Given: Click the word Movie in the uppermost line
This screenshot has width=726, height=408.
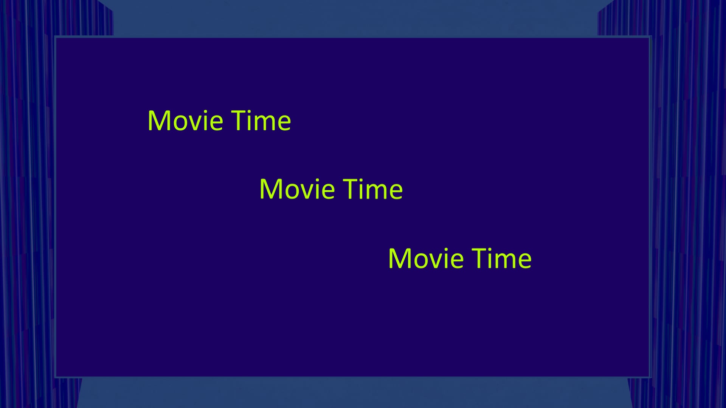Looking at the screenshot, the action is click(185, 121).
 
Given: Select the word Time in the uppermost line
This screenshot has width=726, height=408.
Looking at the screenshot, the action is click(261, 121).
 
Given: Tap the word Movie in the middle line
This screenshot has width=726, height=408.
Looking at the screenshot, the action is click(297, 189).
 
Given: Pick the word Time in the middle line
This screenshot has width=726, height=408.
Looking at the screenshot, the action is click(373, 189).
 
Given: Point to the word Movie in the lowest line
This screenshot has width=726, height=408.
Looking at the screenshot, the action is click(426, 259).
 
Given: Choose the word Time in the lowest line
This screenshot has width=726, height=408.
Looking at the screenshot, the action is click(502, 259).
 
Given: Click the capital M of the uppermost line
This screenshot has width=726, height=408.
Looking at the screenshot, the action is click(158, 121).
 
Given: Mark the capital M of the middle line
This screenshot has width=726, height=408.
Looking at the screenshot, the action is click(270, 189).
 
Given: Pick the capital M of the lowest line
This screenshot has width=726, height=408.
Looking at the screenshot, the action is click(399, 259).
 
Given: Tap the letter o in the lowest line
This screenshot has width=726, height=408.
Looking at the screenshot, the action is click(419, 261).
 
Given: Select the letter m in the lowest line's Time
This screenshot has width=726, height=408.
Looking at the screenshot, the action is click(506, 261).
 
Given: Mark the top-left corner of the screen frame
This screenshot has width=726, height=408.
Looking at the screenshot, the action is click(55, 37).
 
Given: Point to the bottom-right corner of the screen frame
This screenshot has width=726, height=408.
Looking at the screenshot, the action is click(650, 377).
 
